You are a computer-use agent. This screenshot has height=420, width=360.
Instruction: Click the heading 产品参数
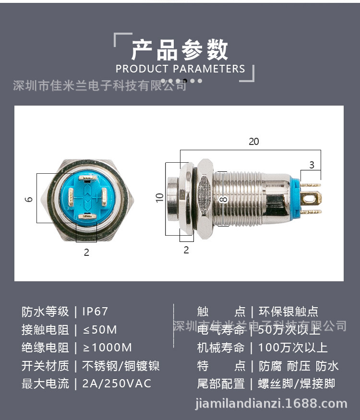[x=180, y=49]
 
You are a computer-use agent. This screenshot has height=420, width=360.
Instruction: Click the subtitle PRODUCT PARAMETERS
[x=180, y=69]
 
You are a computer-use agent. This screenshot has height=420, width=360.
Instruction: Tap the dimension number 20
[x=253, y=142]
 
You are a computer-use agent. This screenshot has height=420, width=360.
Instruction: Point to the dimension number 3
[x=312, y=165]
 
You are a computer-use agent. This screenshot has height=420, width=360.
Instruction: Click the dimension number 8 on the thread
[x=222, y=199]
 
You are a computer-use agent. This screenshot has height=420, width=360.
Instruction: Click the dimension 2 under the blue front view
[x=86, y=252]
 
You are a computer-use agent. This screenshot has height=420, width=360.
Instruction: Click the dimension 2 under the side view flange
[x=186, y=250]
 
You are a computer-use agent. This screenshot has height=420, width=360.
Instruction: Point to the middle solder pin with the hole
[x=312, y=198]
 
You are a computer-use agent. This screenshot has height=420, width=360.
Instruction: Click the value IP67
[x=95, y=312]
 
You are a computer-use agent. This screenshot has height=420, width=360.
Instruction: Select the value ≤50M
[x=100, y=330]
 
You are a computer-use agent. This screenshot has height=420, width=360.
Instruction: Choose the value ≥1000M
[x=107, y=348]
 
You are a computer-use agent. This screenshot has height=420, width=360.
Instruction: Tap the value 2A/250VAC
[x=117, y=384]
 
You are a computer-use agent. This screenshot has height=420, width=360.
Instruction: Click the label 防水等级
[x=46, y=312]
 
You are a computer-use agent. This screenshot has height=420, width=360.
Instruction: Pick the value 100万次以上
[x=293, y=348]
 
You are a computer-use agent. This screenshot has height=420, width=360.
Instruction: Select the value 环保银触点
[x=288, y=312]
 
